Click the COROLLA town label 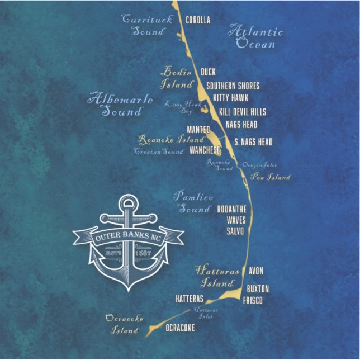tap(197, 20)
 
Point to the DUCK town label tap(207, 72)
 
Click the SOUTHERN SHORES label tap(233, 86)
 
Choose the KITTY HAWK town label tap(230, 98)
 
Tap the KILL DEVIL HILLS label tap(242, 112)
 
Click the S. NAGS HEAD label tap(253, 142)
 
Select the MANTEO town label tap(198, 129)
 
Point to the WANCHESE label tap(205, 150)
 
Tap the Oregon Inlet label tap(259, 165)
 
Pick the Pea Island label tap(270, 177)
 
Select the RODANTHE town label tap(231, 209)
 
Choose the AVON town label tap(255, 271)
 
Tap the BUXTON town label tap(258, 288)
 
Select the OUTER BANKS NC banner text tap(128, 237)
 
